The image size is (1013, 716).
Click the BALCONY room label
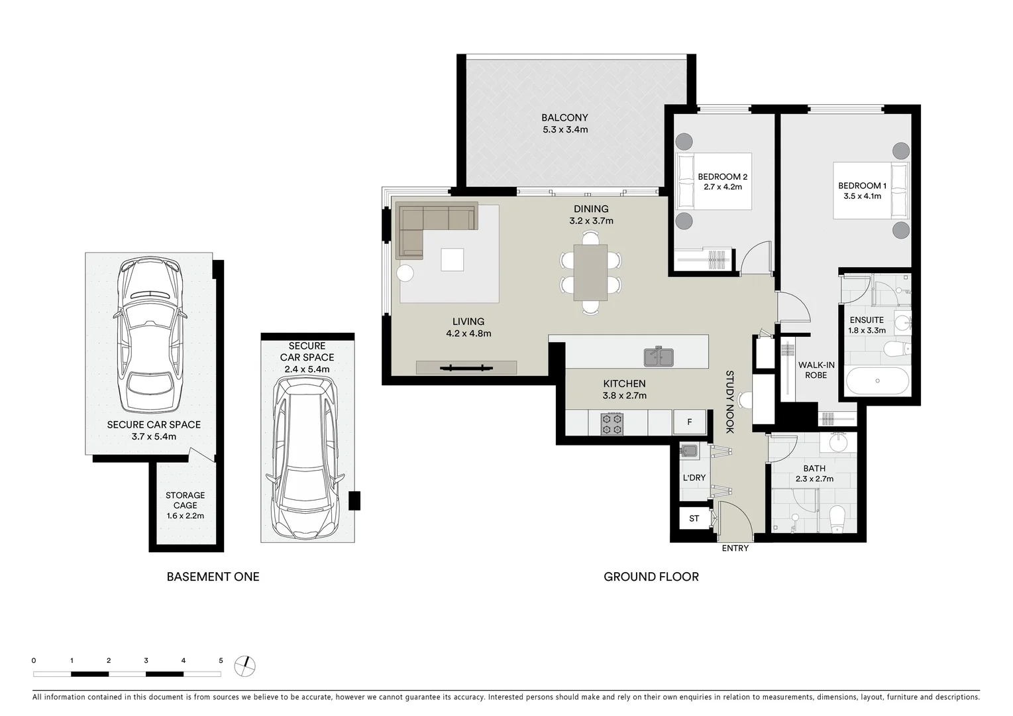point(565,118)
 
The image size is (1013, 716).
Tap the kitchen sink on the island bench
point(659,357)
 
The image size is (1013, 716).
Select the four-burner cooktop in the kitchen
point(612,424)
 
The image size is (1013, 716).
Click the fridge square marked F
point(689,422)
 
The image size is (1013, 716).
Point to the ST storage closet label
point(694,518)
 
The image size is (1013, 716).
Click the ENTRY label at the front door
point(735,548)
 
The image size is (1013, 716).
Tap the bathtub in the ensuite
point(877,381)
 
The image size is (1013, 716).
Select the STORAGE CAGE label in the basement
point(185,501)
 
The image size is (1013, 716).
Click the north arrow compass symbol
point(245,666)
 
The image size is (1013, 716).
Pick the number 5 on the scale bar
point(221,660)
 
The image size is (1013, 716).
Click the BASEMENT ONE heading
point(213,577)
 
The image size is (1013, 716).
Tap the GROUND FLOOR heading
point(651,577)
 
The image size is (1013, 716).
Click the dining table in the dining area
point(590,272)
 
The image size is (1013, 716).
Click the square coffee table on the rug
point(453,259)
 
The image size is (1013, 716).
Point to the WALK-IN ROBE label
point(816,370)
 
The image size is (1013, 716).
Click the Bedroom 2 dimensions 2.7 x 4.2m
point(722,187)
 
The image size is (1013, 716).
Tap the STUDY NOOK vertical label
point(729,402)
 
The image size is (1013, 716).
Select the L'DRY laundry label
point(694,478)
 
